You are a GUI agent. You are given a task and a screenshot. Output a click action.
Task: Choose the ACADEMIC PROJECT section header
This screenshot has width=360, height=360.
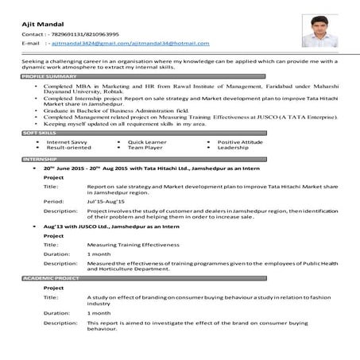coord(51,279)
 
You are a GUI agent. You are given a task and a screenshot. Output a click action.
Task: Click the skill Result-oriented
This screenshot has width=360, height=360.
coord(68,149)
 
